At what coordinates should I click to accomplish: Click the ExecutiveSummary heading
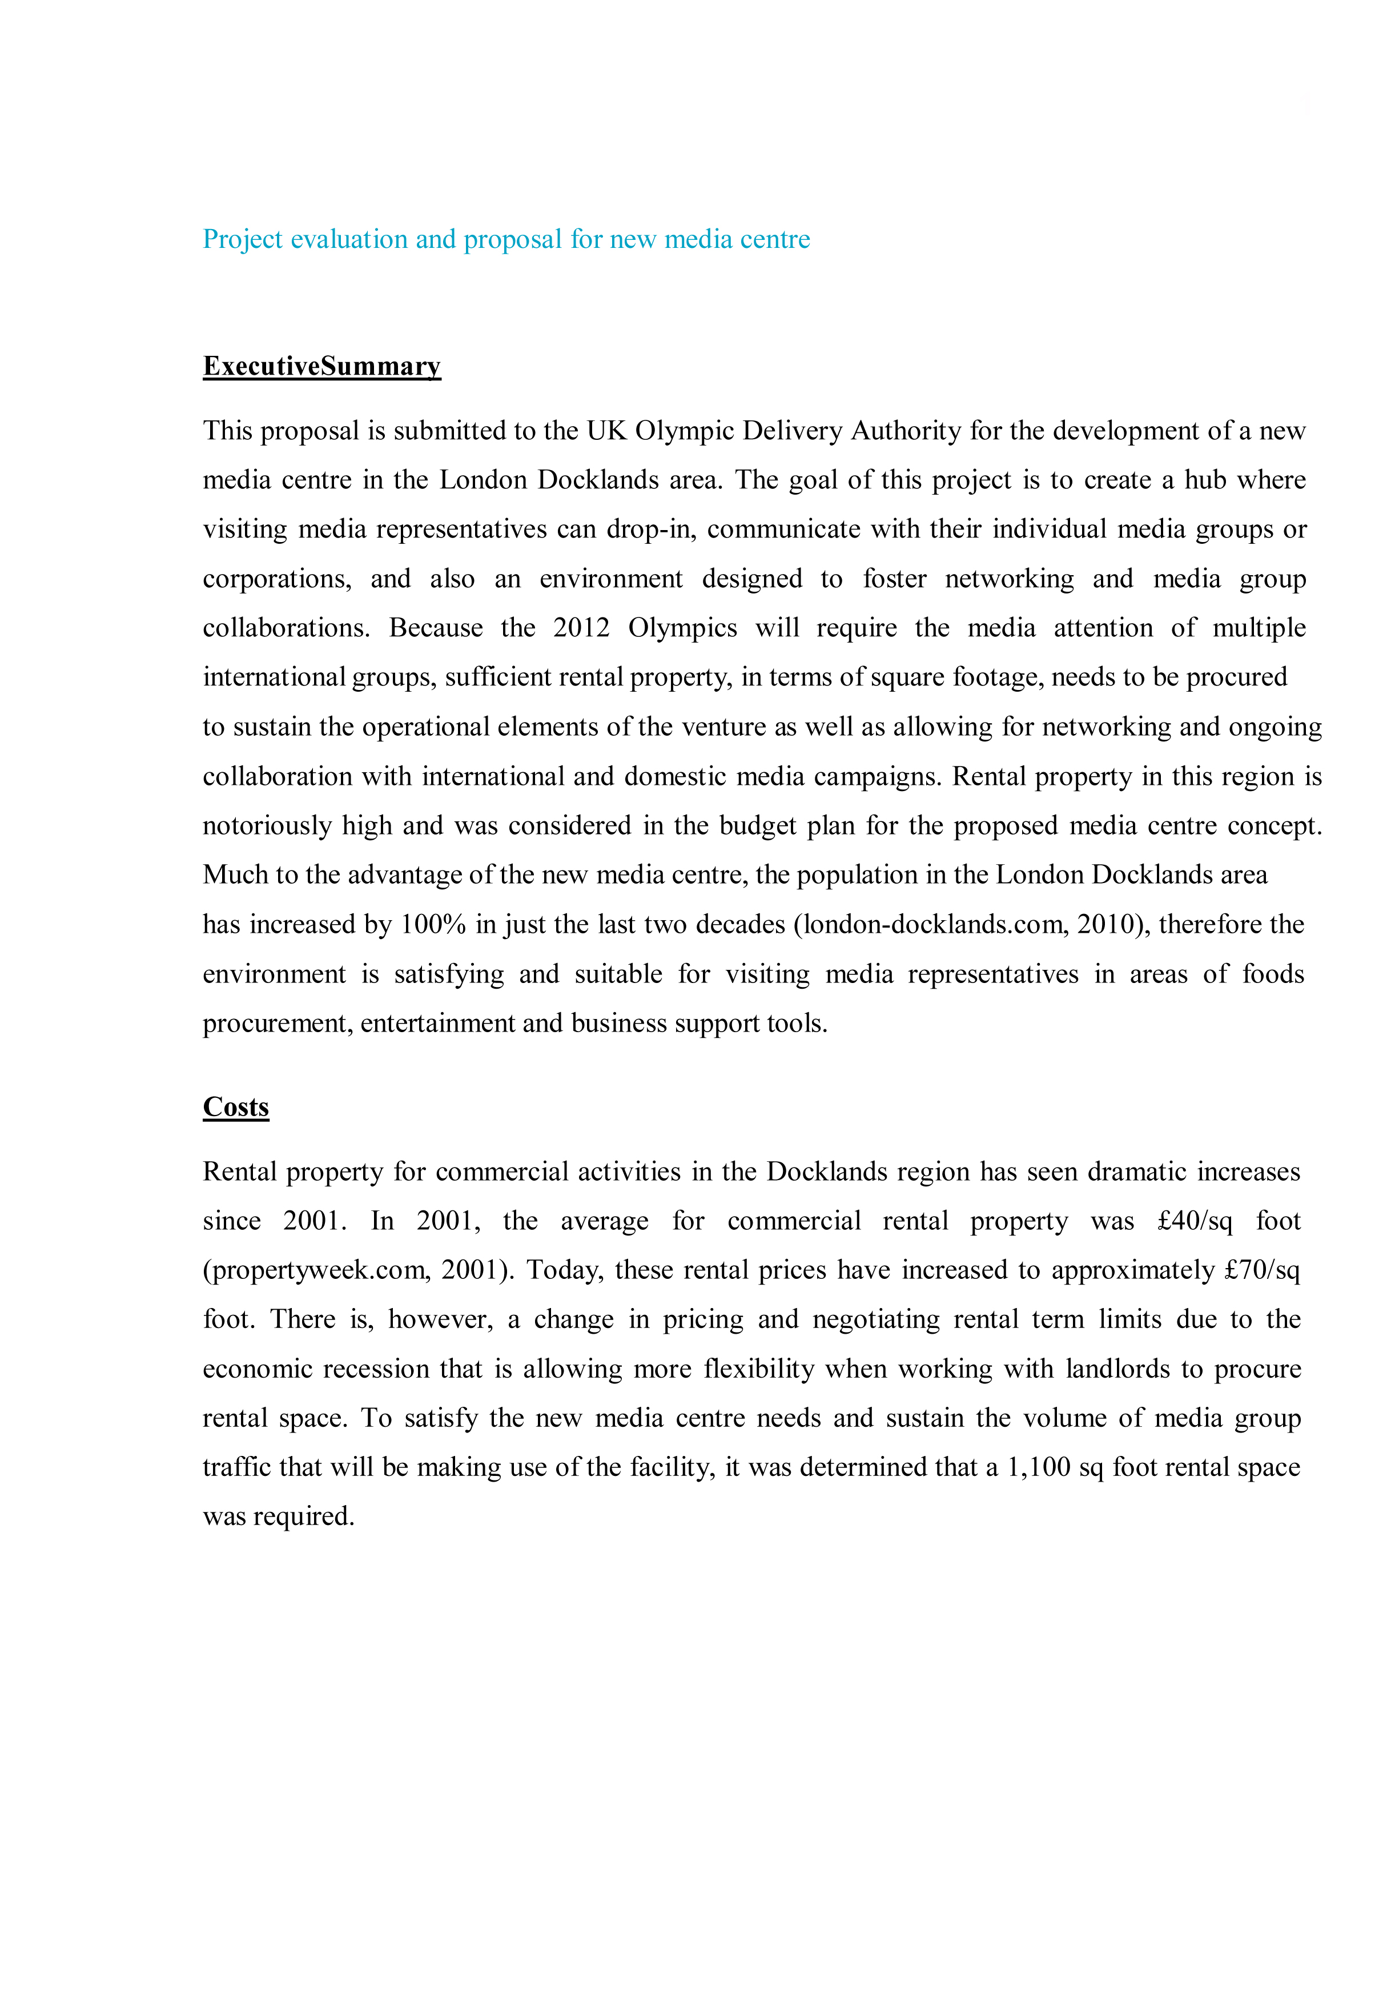321,366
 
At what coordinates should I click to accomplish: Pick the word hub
1204,480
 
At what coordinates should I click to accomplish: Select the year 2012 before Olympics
581,628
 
